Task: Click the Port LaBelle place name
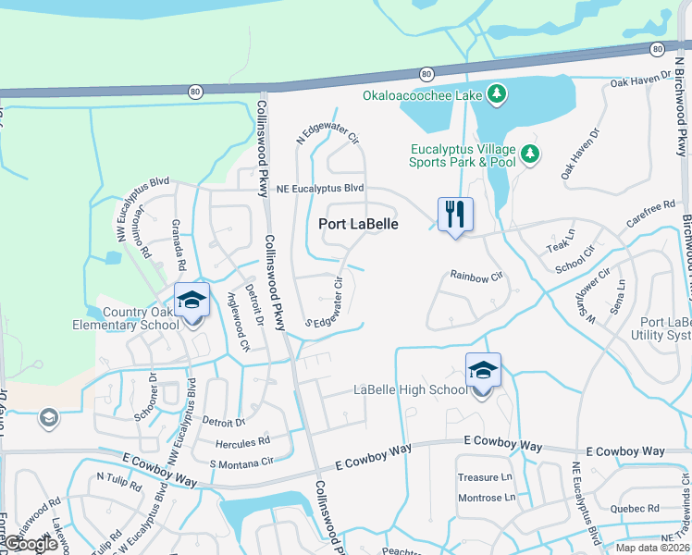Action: coord(359,224)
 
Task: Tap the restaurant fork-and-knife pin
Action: coord(454,215)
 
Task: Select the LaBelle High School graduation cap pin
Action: coord(483,371)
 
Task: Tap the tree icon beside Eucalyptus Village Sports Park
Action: coord(530,154)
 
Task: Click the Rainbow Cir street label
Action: coord(476,276)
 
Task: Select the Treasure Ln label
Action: coord(485,477)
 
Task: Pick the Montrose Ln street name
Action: coord(487,498)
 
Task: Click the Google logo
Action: coord(31,544)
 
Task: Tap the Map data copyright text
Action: coord(650,548)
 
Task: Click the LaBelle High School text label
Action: coord(411,389)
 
